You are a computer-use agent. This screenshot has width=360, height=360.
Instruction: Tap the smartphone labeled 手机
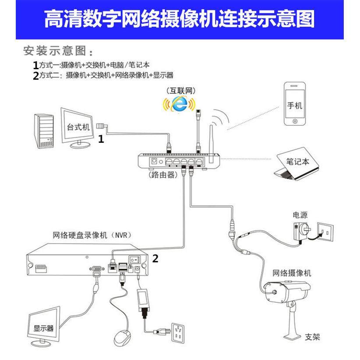click(x=294, y=104)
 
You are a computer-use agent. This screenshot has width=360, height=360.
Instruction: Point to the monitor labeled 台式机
click(x=78, y=127)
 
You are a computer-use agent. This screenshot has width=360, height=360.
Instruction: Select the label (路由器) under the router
click(x=162, y=175)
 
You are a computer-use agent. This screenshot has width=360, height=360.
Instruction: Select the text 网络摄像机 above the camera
click(x=292, y=273)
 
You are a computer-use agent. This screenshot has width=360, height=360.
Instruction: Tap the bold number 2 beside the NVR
click(x=155, y=259)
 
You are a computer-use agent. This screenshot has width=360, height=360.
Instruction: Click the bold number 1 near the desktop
click(x=101, y=139)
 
